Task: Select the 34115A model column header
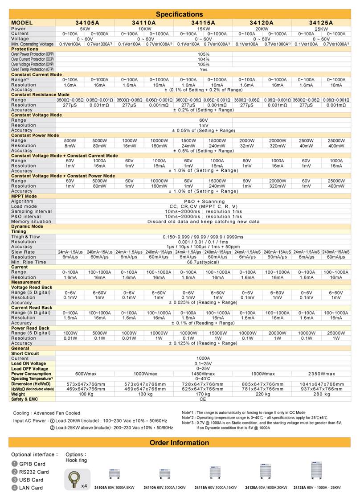(203, 22)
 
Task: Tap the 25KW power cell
(320, 29)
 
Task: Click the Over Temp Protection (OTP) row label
(31, 70)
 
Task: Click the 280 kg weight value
(320, 394)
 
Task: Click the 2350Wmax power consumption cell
(320, 374)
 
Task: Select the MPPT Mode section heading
(24, 196)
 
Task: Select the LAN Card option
(31, 488)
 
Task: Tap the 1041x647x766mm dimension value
(320, 384)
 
